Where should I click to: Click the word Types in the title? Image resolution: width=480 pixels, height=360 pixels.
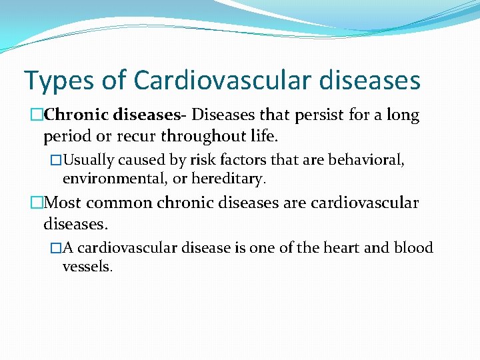click(59, 81)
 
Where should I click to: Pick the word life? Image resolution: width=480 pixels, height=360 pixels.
click(267, 137)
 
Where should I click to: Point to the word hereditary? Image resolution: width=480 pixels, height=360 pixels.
click(229, 179)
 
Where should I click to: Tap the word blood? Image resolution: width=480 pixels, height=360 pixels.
click(413, 248)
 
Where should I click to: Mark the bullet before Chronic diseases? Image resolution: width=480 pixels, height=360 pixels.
click(37, 116)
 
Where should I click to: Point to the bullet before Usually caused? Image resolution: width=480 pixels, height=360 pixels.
click(56, 161)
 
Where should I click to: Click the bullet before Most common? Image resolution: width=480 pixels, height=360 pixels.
click(37, 203)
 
